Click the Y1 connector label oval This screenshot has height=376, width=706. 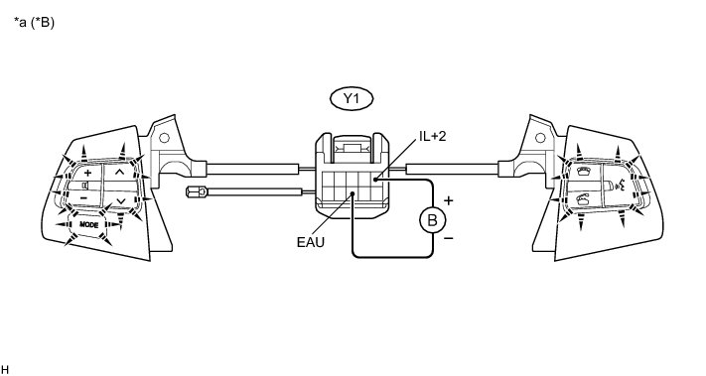tap(352, 99)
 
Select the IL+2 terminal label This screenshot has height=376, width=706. tap(432, 136)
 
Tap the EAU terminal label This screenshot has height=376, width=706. tap(311, 242)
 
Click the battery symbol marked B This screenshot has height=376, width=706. tap(432, 220)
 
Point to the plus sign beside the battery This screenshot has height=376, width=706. tap(448, 200)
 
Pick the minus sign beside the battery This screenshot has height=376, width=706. tap(449, 238)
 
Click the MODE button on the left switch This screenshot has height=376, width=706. tap(88, 224)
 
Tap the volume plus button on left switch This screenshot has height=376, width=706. tap(87, 173)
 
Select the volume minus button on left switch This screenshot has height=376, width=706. tap(83, 197)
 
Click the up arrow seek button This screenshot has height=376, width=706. tap(119, 172)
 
